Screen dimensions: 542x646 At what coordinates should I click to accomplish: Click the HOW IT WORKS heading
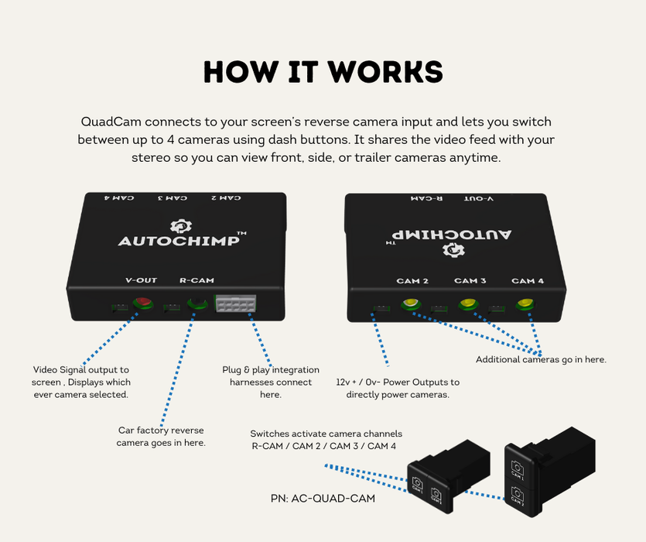[x=323, y=71]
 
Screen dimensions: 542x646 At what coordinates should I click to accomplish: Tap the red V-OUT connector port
[x=142, y=304]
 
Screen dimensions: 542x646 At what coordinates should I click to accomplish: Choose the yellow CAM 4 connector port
[x=525, y=304]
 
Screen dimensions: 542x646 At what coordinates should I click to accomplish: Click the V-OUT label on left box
[x=142, y=280]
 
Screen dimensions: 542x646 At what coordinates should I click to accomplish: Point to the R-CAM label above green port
[x=197, y=280]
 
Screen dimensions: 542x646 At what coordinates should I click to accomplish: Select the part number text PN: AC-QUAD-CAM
[x=323, y=499]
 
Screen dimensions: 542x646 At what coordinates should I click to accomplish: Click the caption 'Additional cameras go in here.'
[x=541, y=359]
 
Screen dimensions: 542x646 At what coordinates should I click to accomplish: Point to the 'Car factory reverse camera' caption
[x=161, y=436]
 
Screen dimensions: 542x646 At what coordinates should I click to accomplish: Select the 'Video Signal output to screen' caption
[x=81, y=382]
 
